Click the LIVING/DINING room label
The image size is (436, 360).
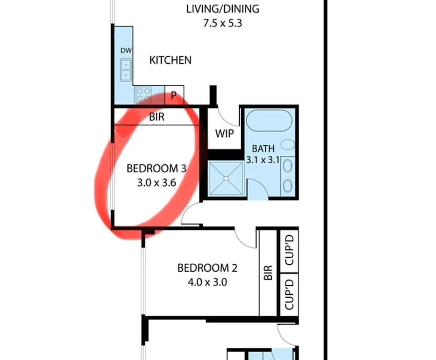[x=223, y=9]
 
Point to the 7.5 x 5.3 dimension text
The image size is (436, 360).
[x=223, y=24]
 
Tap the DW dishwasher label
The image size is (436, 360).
[x=126, y=51]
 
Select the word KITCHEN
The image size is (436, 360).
[x=171, y=61]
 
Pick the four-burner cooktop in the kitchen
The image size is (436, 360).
[x=143, y=95]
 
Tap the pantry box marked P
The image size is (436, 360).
[x=174, y=96]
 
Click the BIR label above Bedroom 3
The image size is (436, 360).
[x=157, y=117]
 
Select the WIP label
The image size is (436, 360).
[x=224, y=133]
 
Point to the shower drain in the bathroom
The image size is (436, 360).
[x=225, y=179]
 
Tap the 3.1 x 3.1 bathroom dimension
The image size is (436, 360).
[x=263, y=160]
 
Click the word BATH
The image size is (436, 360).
[x=263, y=149]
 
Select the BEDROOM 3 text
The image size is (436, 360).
[x=157, y=169]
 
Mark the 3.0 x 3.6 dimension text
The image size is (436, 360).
[x=157, y=183]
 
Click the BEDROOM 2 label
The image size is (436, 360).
[x=207, y=268]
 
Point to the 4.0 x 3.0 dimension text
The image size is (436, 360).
[x=207, y=282]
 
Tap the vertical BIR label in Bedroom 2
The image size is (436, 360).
[x=268, y=273]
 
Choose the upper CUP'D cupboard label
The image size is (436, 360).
[x=289, y=251]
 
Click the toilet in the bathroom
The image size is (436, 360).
[x=288, y=144]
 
